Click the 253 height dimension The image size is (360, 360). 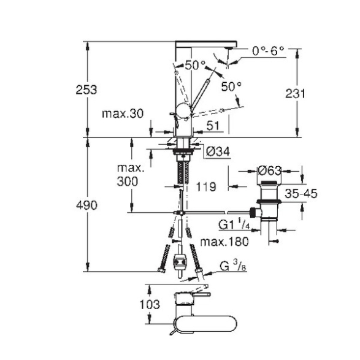[86, 90]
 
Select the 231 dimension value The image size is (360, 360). [295, 94]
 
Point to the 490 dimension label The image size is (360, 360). [86, 205]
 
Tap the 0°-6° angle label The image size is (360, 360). [268, 51]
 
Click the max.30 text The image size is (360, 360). [123, 113]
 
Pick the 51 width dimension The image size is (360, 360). [213, 126]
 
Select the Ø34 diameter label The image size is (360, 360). [218, 151]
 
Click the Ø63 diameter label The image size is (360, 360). [270, 171]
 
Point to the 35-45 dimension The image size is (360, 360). [301, 194]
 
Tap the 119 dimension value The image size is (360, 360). [206, 186]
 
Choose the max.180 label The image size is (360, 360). [224, 242]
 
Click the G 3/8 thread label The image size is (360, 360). [233, 267]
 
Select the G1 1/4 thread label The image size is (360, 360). [234, 224]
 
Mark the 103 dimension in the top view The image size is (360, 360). [150, 304]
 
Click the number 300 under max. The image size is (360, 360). [128, 182]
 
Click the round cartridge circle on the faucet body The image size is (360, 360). [183, 110]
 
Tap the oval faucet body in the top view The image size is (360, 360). [205, 324]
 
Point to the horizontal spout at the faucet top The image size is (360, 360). [206, 44]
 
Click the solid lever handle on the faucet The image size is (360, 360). [200, 93]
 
